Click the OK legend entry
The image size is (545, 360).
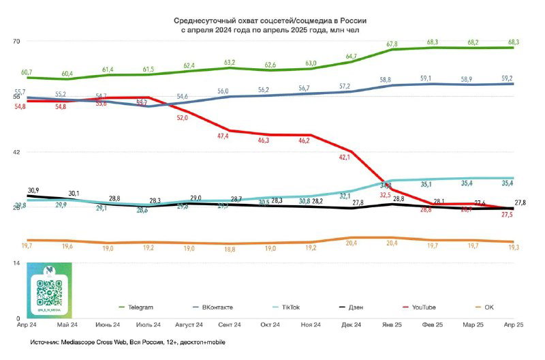(484, 307)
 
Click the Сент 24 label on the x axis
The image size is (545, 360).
(230, 325)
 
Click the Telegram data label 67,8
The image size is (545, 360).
(392, 44)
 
